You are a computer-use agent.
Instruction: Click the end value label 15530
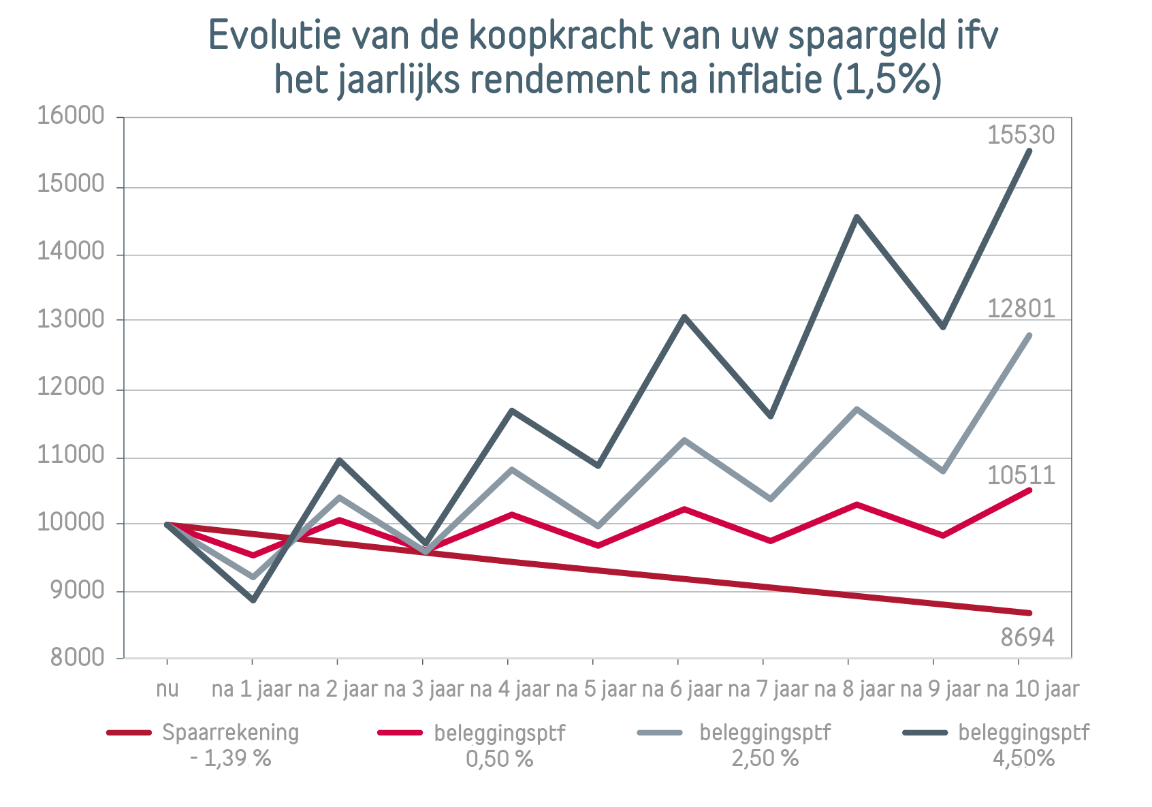click(x=1021, y=135)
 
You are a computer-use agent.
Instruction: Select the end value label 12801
click(x=1021, y=309)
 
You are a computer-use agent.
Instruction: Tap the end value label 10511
click(x=1021, y=475)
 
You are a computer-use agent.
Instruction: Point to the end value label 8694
click(x=1027, y=637)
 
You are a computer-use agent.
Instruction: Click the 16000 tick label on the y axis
click(x=71, y=116)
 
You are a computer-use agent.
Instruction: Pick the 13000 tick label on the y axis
click(x=71, y=319)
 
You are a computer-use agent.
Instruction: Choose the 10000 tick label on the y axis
click(x=71, y=522)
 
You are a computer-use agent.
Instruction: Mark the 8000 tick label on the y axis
click(x=77, y=657)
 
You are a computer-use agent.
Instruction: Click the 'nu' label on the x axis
click(x=167, y=689)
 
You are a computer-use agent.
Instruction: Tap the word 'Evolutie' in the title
click(x=274, y=35)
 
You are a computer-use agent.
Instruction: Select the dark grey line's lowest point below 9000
click(x=253, y=600)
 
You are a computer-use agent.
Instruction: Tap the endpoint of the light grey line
click(x=1029, y=335)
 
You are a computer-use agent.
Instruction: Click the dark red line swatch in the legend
click(x=129, y=733)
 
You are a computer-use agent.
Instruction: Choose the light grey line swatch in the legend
click(x=660, y=733)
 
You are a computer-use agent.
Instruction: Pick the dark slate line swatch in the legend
click(x=925, y=733)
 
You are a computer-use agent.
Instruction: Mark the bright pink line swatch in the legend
click(x=400, y=733)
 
